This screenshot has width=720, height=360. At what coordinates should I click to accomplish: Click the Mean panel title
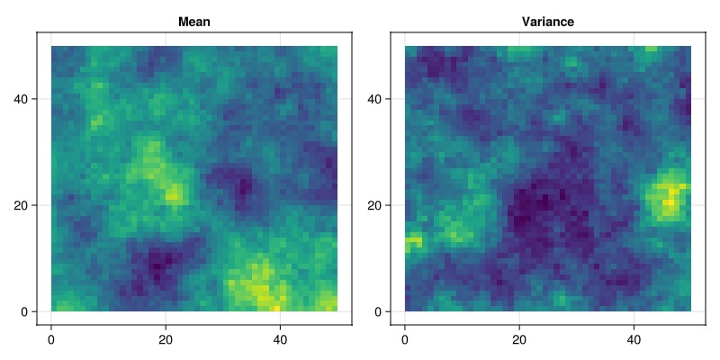coord(194,21)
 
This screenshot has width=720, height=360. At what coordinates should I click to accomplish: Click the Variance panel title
coord(548,21)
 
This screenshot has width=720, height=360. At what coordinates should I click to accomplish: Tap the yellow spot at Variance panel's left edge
coord(412,240)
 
